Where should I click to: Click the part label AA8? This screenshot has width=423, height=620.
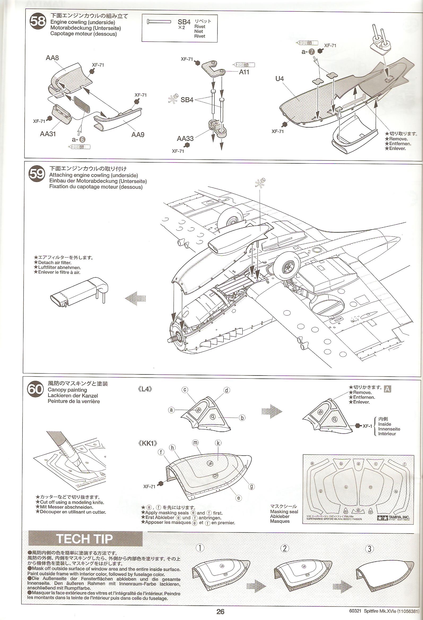point(52,58)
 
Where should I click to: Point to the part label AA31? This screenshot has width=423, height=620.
point(48,134)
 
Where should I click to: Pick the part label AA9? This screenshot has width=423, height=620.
point(138,134)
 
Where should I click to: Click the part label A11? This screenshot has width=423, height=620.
point(244,72)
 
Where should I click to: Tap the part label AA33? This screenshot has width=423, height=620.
point(185,138)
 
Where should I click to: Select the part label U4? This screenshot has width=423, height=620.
point(280,79)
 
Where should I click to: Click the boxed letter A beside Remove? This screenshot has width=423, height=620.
point(387,389)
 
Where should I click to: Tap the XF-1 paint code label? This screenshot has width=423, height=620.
point(367,426)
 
